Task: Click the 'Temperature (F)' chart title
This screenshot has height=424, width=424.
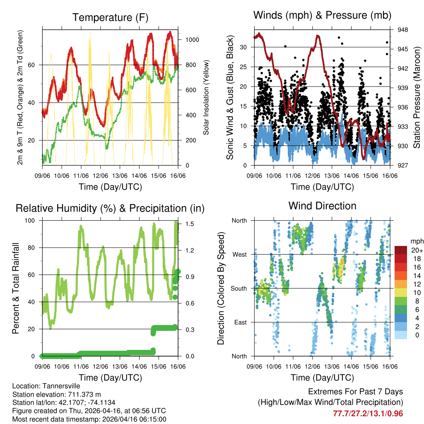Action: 110,17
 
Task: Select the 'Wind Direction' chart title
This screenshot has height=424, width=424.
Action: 322,206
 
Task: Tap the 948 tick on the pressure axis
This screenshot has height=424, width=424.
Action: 403,30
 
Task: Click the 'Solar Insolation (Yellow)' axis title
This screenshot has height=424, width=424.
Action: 206,97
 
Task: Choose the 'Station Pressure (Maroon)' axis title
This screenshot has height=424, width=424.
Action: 417,97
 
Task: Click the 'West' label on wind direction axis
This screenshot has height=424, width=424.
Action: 239,254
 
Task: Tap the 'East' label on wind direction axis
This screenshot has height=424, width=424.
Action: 240,322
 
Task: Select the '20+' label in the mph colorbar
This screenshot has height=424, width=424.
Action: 417,250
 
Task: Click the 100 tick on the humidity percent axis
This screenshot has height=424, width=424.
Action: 31,220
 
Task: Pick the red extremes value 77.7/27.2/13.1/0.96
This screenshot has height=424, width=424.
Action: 368,413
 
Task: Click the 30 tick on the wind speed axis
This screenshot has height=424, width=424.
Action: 244,47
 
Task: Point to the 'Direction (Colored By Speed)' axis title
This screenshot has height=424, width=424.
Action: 221,288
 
